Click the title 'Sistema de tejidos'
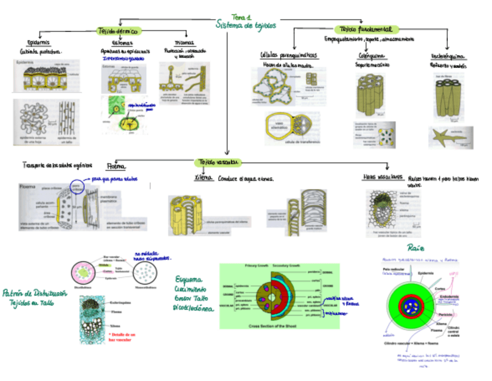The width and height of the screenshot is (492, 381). (245, 26)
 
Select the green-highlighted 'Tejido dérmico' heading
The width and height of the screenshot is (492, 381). (118, 31)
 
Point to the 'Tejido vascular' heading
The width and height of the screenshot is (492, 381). (218, 161)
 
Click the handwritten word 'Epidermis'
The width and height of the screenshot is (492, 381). (39, 43)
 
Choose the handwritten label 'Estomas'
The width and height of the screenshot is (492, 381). (121, 43)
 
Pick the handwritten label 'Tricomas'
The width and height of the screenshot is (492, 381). (184, 42)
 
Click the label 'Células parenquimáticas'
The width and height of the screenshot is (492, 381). (288, 55)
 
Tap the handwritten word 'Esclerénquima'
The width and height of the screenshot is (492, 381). (447, 56)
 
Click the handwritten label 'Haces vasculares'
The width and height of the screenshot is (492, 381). (382, 177)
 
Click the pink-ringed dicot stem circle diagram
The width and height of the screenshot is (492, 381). (88, 271)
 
